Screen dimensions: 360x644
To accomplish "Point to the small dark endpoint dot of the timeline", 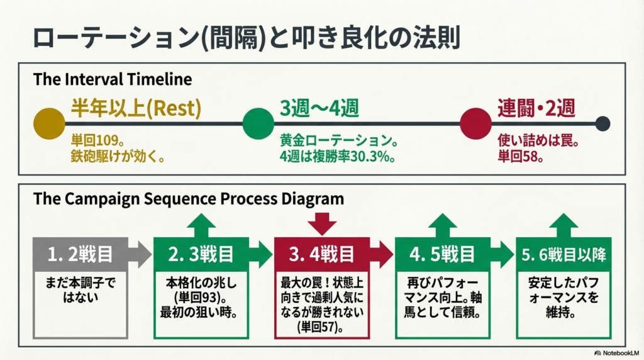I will point(602,123).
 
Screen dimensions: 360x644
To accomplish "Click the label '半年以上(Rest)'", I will point(136,109).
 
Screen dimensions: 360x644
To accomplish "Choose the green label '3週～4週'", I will point(319,109).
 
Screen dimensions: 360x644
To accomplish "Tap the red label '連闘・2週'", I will point(536,109).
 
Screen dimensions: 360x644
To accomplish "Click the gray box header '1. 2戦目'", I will point(80,254).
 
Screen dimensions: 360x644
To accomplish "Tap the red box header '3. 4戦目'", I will point(321,254).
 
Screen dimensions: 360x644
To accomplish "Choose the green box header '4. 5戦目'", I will point(442,254).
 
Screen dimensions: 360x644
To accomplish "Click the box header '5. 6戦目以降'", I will point(564,254).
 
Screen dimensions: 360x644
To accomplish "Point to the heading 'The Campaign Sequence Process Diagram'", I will point(189,199).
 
